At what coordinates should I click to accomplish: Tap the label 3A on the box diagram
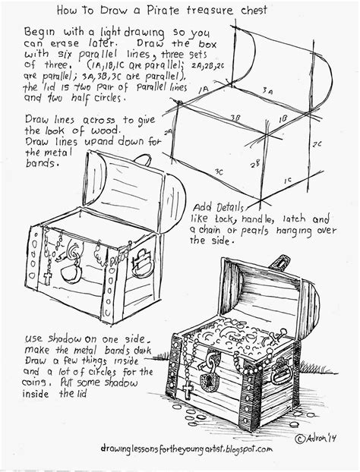click(x=267, y=90)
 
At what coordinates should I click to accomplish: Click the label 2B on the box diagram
click(x=256, y=162)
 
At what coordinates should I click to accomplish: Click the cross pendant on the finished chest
click(x=187, y=390)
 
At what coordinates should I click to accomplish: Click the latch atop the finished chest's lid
click(x=279, y=263)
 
